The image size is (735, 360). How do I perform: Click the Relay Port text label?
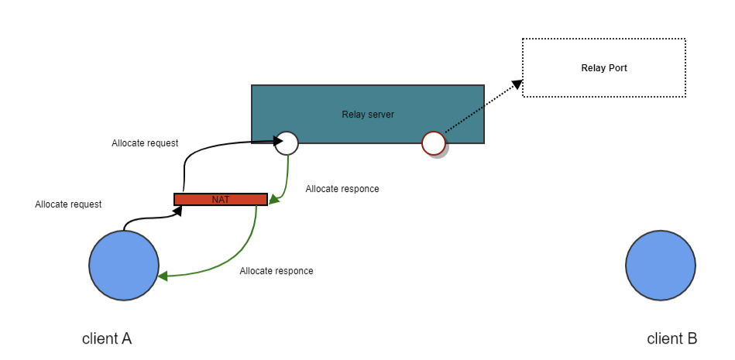point(604,68)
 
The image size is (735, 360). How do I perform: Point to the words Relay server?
point(368,115)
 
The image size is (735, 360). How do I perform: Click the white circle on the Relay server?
point(287,142)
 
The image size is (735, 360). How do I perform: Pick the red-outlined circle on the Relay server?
point(433,142)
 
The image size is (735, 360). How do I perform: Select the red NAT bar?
point(221,199)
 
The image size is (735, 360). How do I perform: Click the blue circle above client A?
point(124,266)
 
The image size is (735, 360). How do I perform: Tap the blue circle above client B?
point(661,264)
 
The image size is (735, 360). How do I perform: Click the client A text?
point(107,338)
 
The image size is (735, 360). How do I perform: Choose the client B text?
point(672,338)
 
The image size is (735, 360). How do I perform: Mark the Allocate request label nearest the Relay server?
point(145,143)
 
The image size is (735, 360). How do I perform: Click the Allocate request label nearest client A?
point(68,204)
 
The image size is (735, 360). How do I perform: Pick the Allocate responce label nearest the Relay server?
point(342,189)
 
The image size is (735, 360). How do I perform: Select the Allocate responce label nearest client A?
point(276,271)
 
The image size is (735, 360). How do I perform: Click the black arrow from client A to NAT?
point(147,218)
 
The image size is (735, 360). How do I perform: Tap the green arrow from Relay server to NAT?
point(287,182)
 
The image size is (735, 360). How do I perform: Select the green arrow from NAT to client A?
point(232,259)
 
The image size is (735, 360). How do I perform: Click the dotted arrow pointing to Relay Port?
point(480,108)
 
